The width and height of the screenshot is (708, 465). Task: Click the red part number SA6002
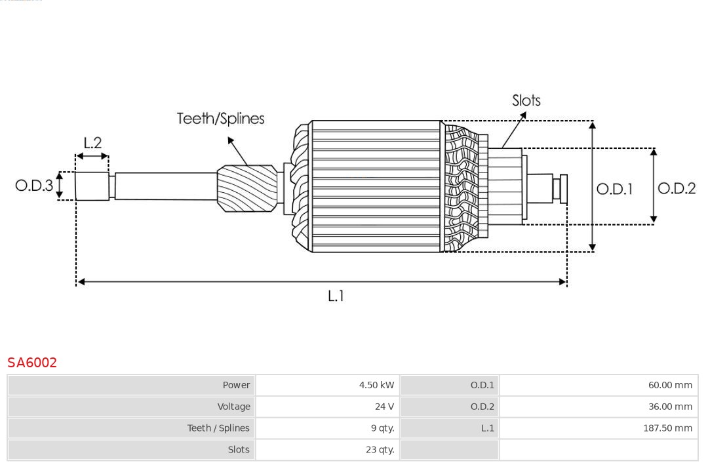[32, 363]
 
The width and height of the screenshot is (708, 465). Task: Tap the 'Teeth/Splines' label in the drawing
[220, 119]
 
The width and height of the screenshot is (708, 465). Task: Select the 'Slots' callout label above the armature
[526, 100]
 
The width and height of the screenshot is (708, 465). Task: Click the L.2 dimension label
[92, 143]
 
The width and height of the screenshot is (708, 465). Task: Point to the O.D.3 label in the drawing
[34, 186]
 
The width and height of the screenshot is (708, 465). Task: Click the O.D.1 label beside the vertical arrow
[614, 189]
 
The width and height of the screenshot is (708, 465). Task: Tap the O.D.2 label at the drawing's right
[676, 188]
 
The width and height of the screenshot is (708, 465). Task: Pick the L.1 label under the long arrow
[336, 296]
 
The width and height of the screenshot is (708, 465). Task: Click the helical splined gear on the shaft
[247, 188]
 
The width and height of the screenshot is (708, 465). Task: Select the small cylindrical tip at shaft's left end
[92, 186]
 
